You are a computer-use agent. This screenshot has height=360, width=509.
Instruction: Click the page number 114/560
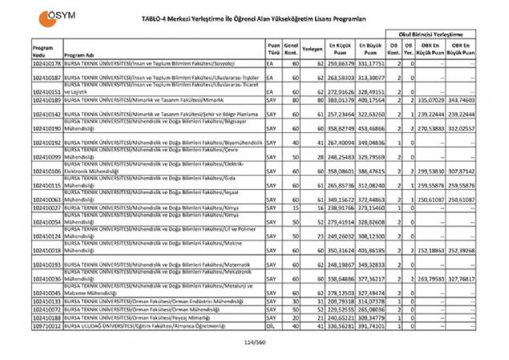(254, 342)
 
